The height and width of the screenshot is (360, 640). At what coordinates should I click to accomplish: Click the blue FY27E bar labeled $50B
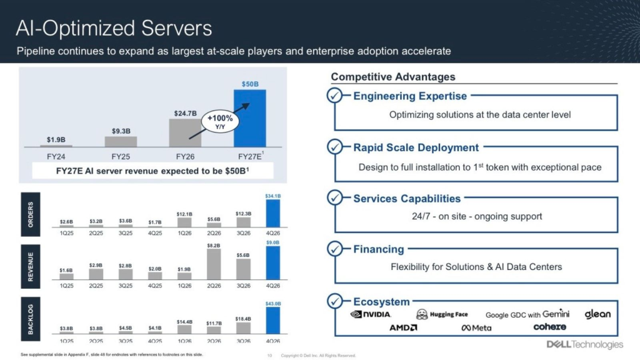[249, 118]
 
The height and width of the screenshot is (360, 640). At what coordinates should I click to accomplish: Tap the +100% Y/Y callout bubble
[220, 122]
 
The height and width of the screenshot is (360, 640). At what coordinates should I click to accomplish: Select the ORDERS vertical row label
[31, 214]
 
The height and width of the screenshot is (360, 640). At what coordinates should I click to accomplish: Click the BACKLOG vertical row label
[31, 319]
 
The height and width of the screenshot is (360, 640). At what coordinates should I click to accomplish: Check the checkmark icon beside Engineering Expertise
[335, 96]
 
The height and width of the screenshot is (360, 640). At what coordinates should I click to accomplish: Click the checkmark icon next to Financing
[335, 249]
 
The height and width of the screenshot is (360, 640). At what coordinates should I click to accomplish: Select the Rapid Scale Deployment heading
[416, 147]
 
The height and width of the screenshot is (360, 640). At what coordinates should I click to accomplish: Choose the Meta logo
[476, 327]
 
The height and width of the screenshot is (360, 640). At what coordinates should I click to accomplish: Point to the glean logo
[597, 314]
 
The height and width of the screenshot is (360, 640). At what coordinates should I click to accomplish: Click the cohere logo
[549, 327]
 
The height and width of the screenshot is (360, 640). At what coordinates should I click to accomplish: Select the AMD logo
[403, 327]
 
